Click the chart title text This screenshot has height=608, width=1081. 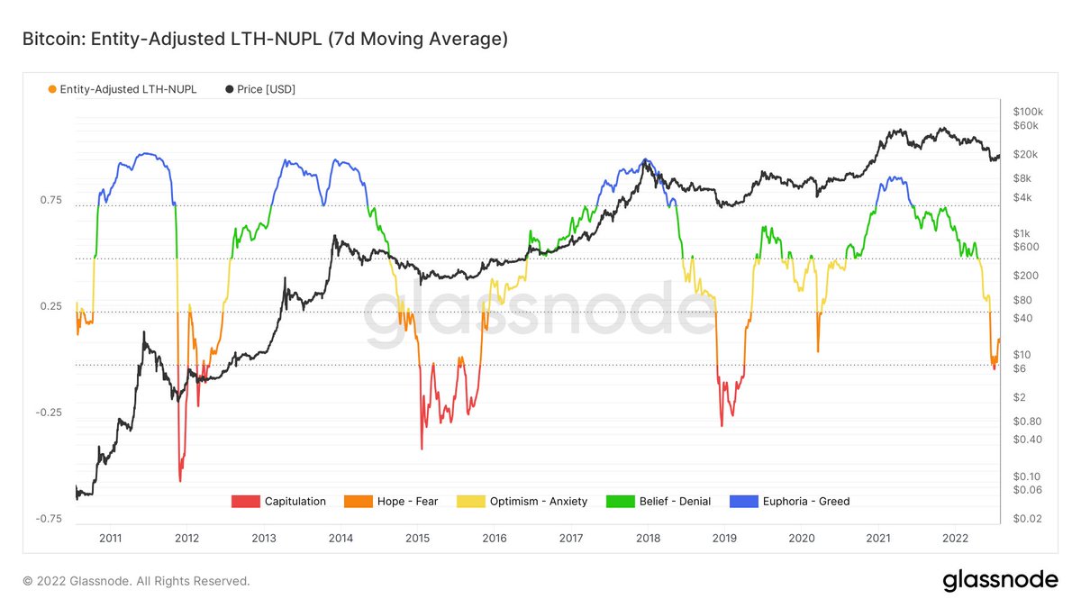(265, 40)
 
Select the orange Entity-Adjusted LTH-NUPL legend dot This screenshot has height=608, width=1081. (52, 89)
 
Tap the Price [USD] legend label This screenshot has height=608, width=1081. (266, 89)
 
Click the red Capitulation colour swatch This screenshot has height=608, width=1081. (245, 501)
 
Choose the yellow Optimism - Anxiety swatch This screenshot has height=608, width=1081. (471, 501)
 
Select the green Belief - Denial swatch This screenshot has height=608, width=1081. (620, 501)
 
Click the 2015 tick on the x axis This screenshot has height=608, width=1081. (418, 538)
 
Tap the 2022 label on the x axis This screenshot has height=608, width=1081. (955, 538)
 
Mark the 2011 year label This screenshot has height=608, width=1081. (111, 538)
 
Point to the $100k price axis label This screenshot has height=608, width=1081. (1027, 111)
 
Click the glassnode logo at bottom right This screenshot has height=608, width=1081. (1000, 581)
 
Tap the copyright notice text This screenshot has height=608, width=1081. (136, 581)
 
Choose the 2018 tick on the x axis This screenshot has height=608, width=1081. (648, 538)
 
